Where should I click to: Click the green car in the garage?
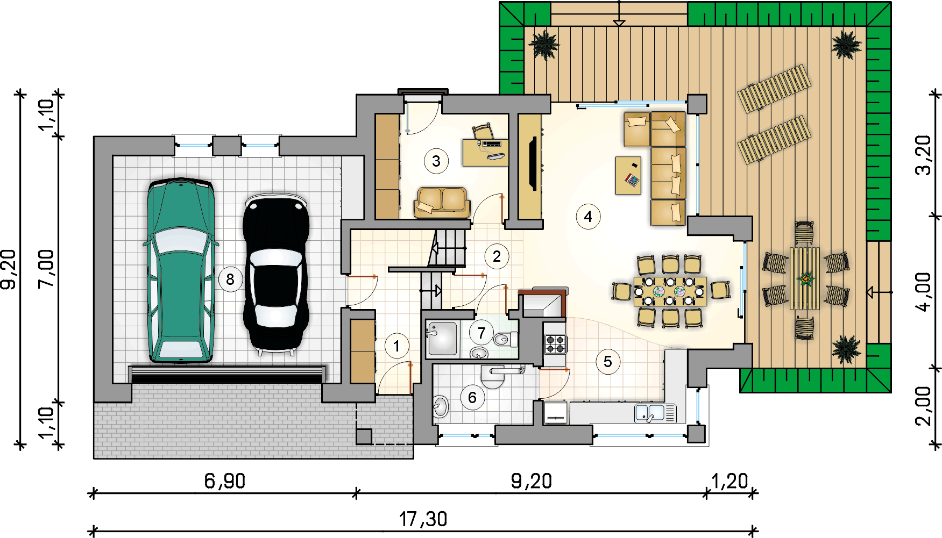tap(181, 270)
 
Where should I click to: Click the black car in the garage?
tap(276, 274)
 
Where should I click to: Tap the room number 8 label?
tap(230, 279)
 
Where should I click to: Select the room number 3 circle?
tap(436, 161)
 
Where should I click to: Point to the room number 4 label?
tap(588, 217)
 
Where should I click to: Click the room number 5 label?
tap(608, 361)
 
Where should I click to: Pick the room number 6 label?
tap(472, 398)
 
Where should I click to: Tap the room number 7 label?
tap(481, 333)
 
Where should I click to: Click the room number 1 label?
tap(397, 346)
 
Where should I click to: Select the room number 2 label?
tap(497, 256)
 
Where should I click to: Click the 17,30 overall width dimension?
tap(423, 519)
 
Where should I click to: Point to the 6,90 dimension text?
tap(225, 481)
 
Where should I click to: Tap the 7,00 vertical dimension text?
tap(46, 269)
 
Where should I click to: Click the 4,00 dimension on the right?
tap(923, 292)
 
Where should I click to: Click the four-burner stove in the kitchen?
tap(555, 343)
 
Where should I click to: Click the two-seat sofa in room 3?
tap(442, 202)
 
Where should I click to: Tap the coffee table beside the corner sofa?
tap(628, 175)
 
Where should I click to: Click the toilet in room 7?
tap(505, 339)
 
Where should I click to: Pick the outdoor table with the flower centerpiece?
tap(805, 278)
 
